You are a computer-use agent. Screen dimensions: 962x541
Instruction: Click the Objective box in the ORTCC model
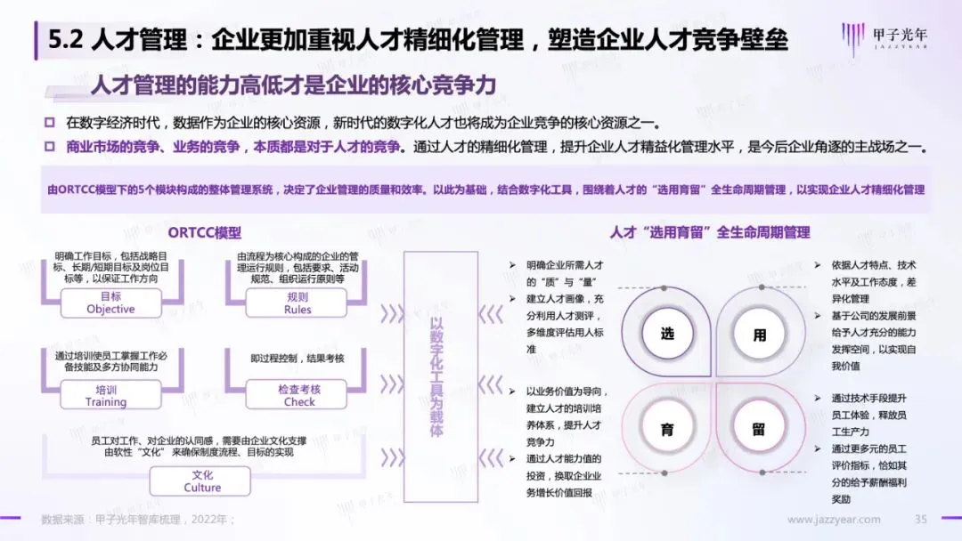[110, 303]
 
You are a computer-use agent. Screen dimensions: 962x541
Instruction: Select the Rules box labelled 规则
[298, 303]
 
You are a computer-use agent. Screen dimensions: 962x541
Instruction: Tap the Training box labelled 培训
[106, 395]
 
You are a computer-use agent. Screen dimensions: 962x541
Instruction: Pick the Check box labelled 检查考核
[298, 395]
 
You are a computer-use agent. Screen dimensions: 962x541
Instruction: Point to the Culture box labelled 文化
[202, 481]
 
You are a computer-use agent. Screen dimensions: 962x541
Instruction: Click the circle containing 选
[667, 334]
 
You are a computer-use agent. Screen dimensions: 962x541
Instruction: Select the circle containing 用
[759, 335]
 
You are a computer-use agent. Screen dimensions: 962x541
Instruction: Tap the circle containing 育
[667, 429]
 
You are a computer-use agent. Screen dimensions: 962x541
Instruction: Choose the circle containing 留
[759, 429]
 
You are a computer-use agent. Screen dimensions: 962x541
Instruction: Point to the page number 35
[922, 520]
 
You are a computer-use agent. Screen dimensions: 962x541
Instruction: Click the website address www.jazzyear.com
[834, 520]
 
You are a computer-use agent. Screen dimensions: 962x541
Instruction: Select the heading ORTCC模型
[204, 232]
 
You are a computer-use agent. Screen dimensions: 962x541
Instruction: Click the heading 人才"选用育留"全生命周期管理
[709, 232]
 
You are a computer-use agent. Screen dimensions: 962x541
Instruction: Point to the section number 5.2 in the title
[66, 40]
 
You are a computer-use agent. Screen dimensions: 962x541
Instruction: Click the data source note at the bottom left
[138, 520]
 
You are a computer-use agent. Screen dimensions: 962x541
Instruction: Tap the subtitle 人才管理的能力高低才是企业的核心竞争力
[293, 85]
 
